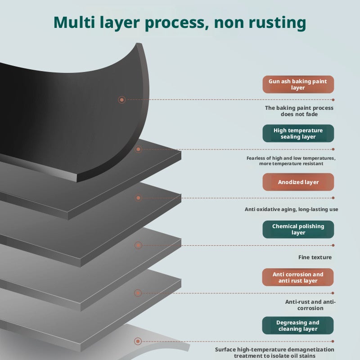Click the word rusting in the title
277,23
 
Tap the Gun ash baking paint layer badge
298,85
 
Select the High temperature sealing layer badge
298,133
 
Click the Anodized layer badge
298,182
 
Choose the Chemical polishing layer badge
298,229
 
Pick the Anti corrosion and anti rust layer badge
298,277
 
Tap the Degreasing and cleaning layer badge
298,325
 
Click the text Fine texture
315,257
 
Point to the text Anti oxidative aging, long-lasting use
291,209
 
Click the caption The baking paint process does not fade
299,111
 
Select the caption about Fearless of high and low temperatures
291,161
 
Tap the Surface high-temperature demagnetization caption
274,353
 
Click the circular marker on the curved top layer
121,99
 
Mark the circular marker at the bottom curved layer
138,341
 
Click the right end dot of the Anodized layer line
333,198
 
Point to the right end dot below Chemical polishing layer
333,245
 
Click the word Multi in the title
74,22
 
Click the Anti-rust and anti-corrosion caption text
310,305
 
